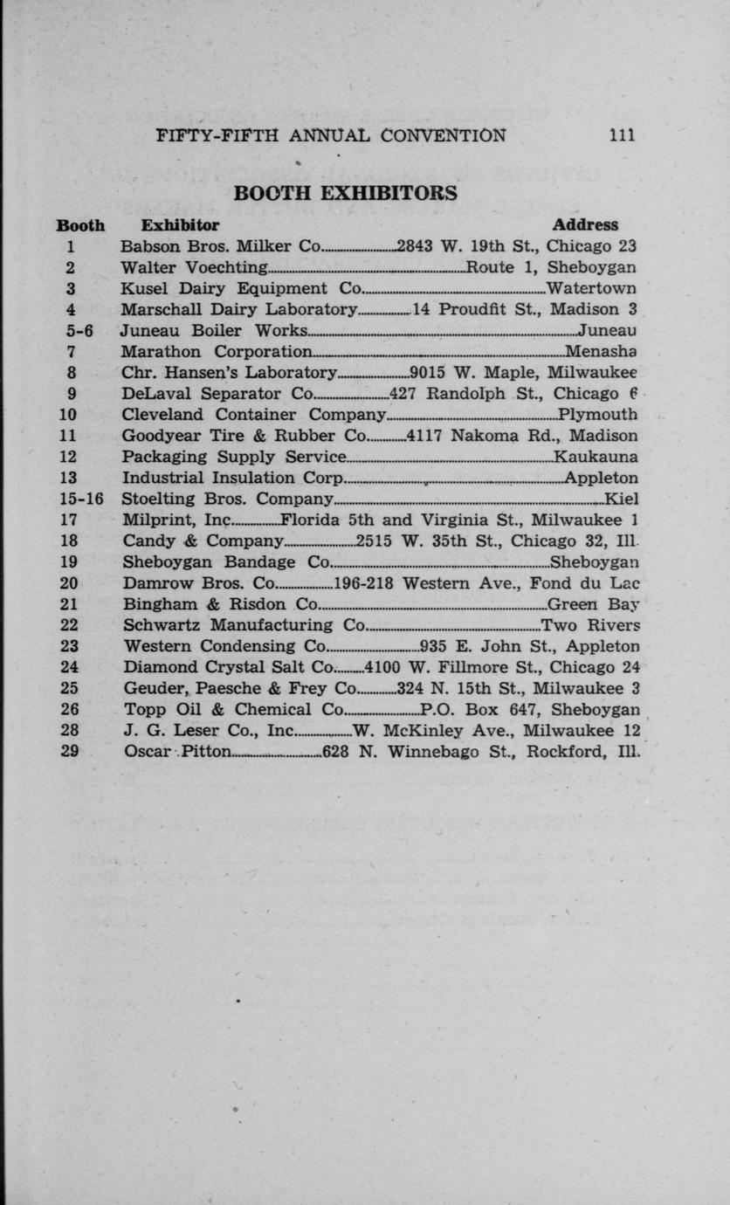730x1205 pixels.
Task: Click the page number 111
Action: click(x=623, y=135)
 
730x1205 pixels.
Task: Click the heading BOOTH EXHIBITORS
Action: click(x=345, y=193)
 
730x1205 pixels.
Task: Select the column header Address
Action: click(x=585, y=225)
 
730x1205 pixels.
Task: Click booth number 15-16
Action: click(x=81, y=499)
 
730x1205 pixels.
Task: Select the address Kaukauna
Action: click(x=596, y=457)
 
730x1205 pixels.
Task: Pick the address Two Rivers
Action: click(x=590, y=625)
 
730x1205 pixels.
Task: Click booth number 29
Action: click(x=71, y=752)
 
